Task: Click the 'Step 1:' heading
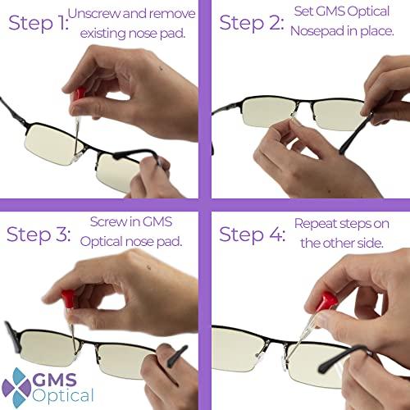pyautogui.click(x=39, y=23)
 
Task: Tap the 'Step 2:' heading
pyautogui.click(x=252, y=23)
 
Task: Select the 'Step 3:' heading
pyautogui.click(x=39, y=235)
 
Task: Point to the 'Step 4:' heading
pyautogui.click(x=253, y=235)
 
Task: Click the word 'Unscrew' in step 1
pyautogui.click(x=94, y=14)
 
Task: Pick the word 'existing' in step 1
pyautogui.click(x=103, y=34)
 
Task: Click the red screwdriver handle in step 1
pyautogui.click(x=79, y=93)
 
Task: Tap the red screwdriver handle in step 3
pyautogui.click(x=68, y=298)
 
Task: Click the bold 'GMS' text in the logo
pyautogui.click(x=54, y=380)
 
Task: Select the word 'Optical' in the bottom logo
pyautogui.click(x=63, y=395)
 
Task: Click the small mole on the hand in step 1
pyautogui.click(x=162, y=67)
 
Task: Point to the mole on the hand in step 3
pyautogui.click(x=149, y=267)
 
